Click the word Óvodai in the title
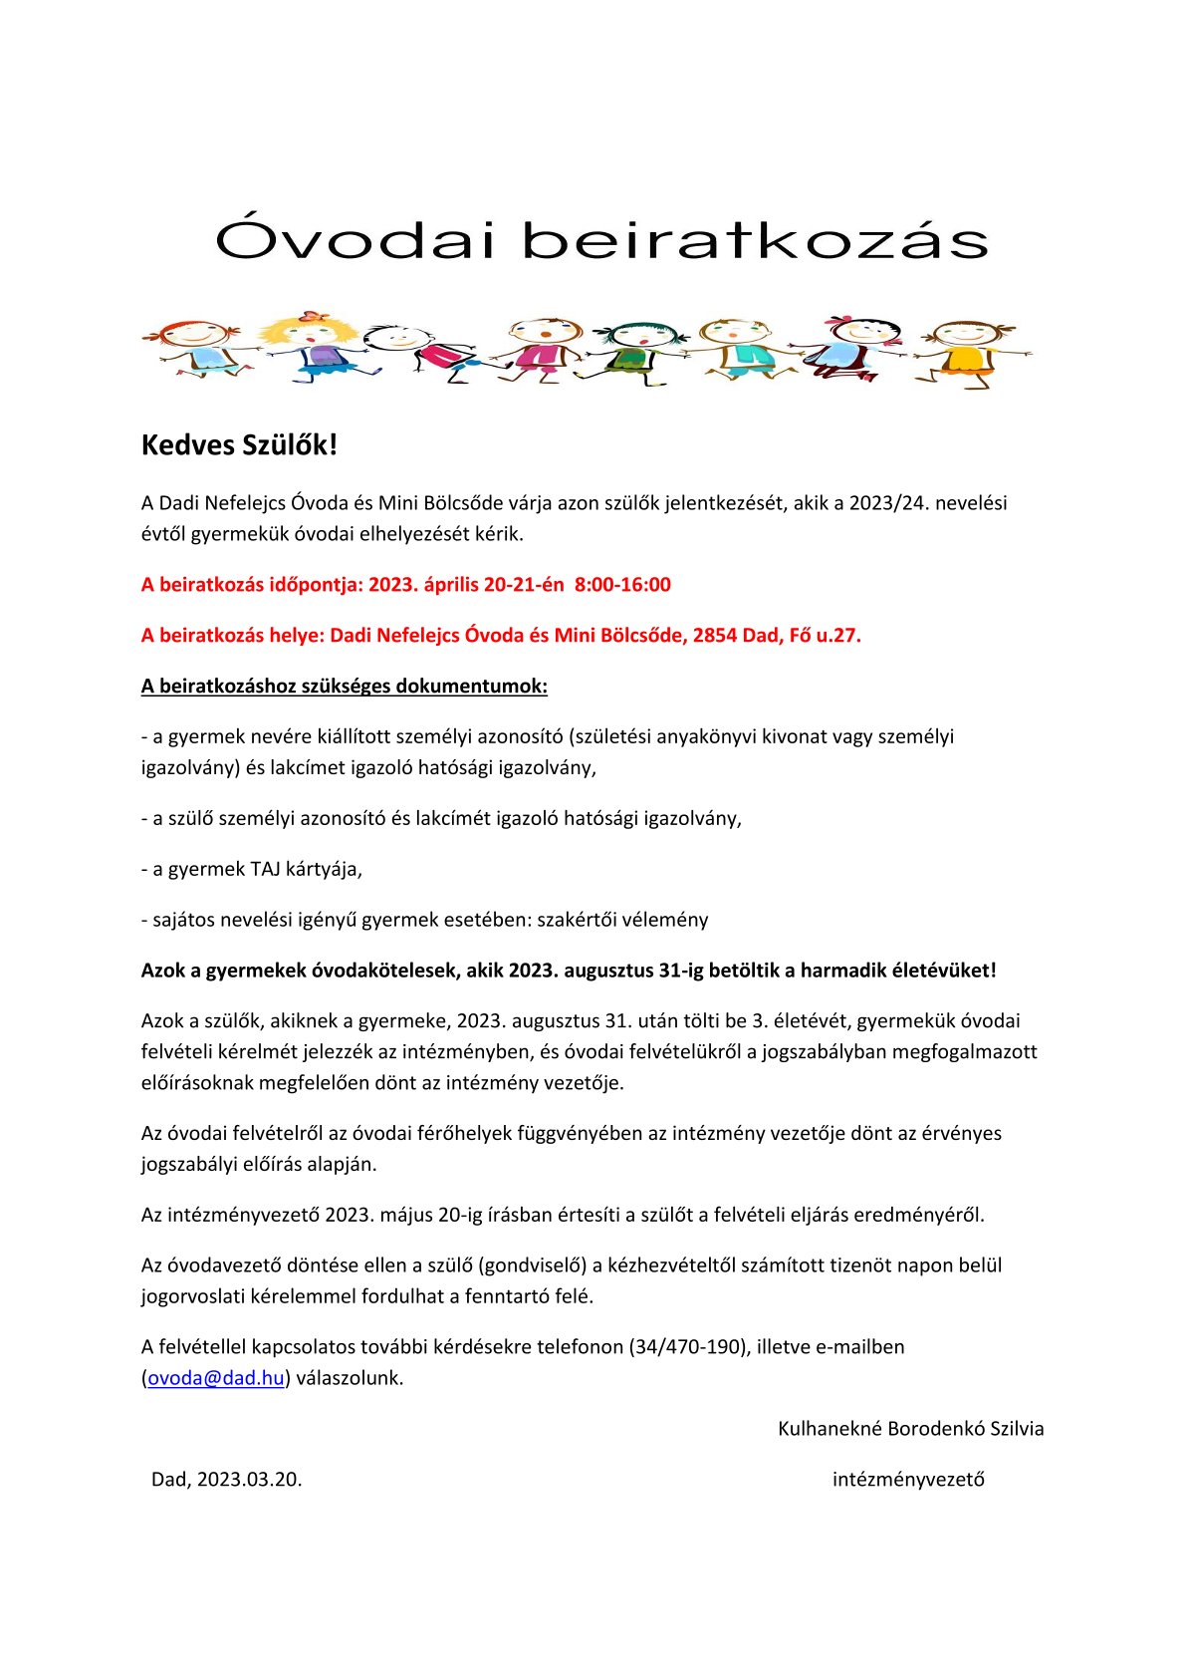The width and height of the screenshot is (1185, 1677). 354,239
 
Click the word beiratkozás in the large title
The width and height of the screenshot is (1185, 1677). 755,239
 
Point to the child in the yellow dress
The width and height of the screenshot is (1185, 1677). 967,351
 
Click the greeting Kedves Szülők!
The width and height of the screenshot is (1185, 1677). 239,444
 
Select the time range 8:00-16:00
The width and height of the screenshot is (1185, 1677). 623,584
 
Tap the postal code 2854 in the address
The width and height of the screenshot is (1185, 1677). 714,635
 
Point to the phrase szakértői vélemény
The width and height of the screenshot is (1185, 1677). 622,920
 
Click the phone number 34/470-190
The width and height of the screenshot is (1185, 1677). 688,1347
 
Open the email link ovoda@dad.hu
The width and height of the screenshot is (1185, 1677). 216,1378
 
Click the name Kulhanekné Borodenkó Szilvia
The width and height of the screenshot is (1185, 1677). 910,1429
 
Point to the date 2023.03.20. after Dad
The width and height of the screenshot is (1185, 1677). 249,1480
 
